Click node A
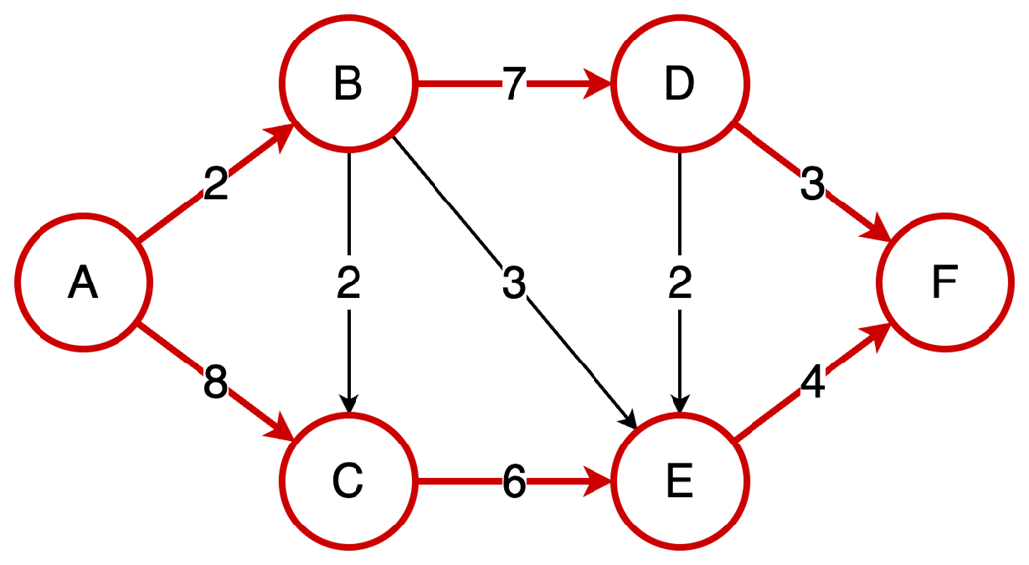coord(84,283)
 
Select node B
coord(348,85)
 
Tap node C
coord(348,482)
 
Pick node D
coord(679,85)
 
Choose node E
coord(679,482)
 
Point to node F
coord(945,283)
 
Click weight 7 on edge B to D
coord(514,86)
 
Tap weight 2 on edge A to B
coord(215,184)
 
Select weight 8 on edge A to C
coord(215,383)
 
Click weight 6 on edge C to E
coord(514,483)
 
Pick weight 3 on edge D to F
coord(812,184)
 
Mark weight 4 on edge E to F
coord(812,384)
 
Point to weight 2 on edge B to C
coord(348,283)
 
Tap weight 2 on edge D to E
coord(679,283)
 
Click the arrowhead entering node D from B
coord(598,85)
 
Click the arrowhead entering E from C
coord(598,483)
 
